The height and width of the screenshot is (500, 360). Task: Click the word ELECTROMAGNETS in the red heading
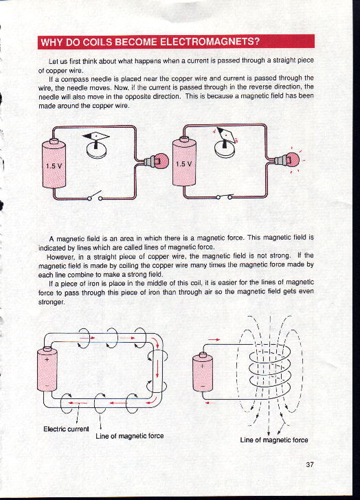207,42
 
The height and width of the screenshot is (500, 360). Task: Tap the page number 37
310,464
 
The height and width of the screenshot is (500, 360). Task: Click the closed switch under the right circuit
225,196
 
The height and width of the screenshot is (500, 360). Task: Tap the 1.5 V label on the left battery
54,166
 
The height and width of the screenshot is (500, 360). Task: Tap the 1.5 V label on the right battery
184,164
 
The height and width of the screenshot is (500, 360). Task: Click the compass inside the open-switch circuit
96,145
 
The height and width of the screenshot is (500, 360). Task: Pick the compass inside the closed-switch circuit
225,143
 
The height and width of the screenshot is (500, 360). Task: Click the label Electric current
66,429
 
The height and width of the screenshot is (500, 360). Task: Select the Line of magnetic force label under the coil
274,440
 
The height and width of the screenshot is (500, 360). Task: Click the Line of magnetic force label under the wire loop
129,436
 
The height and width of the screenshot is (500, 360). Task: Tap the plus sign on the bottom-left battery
47,360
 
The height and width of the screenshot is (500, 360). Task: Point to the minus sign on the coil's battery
203,387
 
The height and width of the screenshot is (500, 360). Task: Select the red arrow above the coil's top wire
214,339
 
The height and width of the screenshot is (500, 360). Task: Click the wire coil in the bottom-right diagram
270,370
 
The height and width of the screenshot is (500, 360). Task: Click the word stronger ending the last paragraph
52,302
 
